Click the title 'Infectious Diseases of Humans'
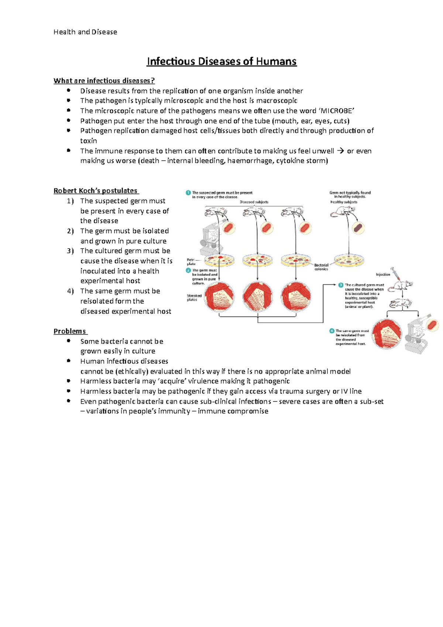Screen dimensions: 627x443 coord(221,61)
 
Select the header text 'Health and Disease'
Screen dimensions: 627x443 coord(85,32)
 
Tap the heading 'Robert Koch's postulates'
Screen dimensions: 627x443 coord(96,191)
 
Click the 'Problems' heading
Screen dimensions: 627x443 coord(70,331)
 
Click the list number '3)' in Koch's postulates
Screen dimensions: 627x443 coord(71,251)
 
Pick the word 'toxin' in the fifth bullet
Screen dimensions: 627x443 coord(89,141)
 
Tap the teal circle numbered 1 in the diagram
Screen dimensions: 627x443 coord(188,193)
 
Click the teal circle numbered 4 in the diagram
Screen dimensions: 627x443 coord(332,331)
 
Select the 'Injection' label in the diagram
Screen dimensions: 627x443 coord(383,274)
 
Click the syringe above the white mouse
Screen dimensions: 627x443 coord(397,274)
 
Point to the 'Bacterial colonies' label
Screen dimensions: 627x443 coord(321,267)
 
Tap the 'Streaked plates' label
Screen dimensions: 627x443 coord(194,298)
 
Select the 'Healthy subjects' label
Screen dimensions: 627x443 coord(344,202)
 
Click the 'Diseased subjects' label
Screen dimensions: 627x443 coord(254,202)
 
